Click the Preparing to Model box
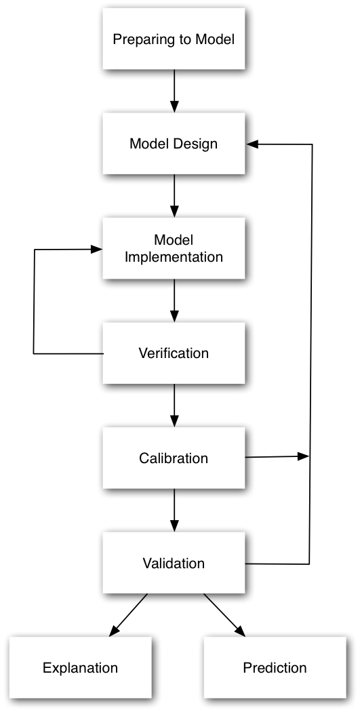coord(174,39)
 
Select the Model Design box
coord(174,144)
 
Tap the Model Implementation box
coord(174,248)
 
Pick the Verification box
coord(174,353)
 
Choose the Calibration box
coord(174,458)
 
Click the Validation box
coord(174,563)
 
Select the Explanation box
coord(81,667)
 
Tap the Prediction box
coord(275,667)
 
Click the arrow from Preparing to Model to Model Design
coord(174,92)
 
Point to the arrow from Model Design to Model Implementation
coord(174,196)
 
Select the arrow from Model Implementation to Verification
coord(174,300)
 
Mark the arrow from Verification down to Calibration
coord(174,406)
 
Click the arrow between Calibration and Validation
coord(174,511)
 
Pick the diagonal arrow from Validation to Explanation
coord(128,614)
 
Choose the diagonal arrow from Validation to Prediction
coord(224,614)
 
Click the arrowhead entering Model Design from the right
coord(252,144)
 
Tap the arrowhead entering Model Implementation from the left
coord(97,250)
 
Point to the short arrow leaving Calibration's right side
coord(277,457)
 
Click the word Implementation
coord(174,257)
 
